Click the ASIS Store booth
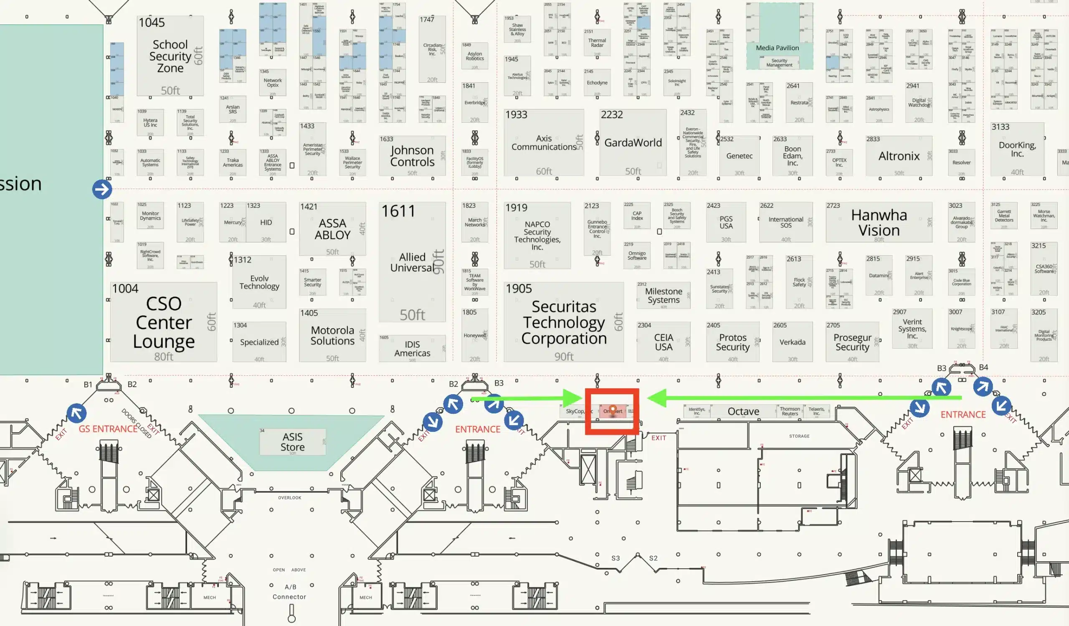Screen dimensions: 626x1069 [x=292, y=442]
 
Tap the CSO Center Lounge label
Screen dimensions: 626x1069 [x=164, y=322]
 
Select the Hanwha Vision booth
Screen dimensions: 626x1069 [x=879, y=222]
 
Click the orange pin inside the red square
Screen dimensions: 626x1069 [x=613, y=410]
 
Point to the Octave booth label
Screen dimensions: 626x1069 [x=743, y=411]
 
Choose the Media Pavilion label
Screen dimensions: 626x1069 [x=777, y=48]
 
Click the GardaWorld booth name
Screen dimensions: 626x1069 [x=633, y=142]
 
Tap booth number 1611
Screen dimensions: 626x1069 [x=398, y=211]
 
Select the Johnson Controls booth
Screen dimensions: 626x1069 [x=412, y=156]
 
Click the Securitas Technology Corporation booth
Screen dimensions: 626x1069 [x=563, y=322]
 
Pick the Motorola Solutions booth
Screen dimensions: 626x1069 [x=332, y=335]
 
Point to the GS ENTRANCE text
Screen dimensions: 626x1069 [x=108, y=429]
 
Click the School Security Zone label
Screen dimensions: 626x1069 [x=170, y=56]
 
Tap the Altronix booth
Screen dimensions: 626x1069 [x=899, y=156]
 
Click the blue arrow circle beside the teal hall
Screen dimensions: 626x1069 [x=102, y=189]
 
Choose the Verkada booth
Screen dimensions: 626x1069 [x=792, y=342]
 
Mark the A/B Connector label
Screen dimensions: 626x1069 [x=290, y=592]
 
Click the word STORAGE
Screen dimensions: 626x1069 [x=799, y=436]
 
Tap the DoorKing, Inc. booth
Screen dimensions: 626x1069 [x=1017, y=149]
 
